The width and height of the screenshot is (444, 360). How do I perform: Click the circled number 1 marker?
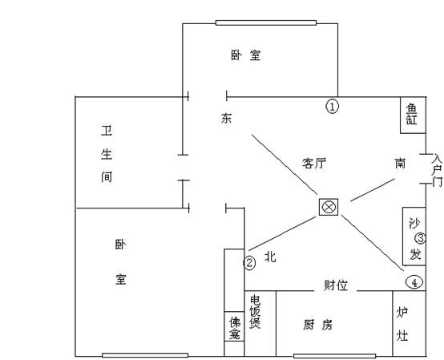(x=333, y=107)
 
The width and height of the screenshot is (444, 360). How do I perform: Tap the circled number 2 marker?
(x=249, y=263)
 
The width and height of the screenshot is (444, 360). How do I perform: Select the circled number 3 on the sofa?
(x=420, y=238)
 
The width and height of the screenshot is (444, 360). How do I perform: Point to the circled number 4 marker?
(x=414, y=282)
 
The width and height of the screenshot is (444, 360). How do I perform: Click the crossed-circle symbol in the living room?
(x=329, y=207)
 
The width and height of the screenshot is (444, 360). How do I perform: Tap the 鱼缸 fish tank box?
(x=413, y=115)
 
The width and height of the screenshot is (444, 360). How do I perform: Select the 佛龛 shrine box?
(x=234, y=326)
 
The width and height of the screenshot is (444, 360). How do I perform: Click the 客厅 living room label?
(x=314, y=164)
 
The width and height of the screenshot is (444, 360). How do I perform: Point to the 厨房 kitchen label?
(x=317, y=325)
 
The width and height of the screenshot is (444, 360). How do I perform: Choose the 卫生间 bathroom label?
(x=107, y=154)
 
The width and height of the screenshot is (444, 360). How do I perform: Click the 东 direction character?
(x=226, y=118)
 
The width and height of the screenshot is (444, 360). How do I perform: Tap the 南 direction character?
(x=400, y=163)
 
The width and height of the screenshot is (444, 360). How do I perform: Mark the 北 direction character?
(x=270, y=257)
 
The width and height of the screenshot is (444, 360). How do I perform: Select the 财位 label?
(x=336, y=285)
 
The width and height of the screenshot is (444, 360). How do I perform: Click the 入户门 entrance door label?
(x=437, y=170)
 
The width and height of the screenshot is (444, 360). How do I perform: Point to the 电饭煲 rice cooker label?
(x=255, y=312)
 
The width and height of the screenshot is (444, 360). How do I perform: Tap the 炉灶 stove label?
(x=402, y=324)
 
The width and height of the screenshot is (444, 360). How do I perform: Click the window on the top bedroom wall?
(x=266, y=22)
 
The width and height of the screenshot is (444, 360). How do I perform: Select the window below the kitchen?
(x=335, y=356)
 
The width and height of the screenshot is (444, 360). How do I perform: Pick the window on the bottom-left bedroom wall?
(x=145, y=355)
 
